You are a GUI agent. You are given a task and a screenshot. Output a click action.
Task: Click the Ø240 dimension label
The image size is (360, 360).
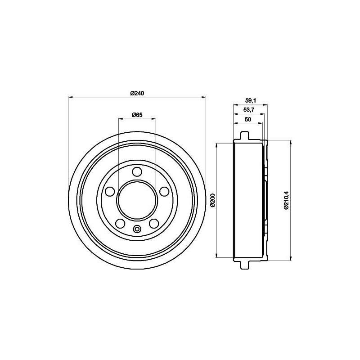[137, 93]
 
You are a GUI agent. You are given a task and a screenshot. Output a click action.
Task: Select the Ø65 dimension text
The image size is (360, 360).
[137, 115]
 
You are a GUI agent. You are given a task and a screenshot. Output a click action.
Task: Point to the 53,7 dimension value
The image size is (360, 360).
[248, 111]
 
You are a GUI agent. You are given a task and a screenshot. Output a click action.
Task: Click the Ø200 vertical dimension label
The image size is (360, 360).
[212, 200]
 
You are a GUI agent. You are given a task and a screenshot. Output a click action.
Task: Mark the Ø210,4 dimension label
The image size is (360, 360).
[285, 200]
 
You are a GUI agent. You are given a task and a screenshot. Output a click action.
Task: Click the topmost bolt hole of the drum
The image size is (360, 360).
[137, 171]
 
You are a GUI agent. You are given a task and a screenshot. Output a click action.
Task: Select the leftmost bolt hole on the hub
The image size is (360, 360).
[108, 191]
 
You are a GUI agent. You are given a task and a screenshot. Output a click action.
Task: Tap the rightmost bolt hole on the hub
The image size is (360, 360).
[165, 191]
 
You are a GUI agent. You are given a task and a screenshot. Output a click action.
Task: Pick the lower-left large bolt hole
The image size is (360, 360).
[120, 223]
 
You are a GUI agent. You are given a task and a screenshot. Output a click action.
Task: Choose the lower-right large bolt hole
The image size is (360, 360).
[154, 223]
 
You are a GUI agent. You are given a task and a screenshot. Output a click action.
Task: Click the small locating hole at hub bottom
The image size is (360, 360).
[137, 229]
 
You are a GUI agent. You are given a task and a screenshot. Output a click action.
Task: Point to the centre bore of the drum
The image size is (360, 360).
[137, 200]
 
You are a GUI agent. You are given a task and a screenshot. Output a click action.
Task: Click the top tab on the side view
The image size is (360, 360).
[244, 135]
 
